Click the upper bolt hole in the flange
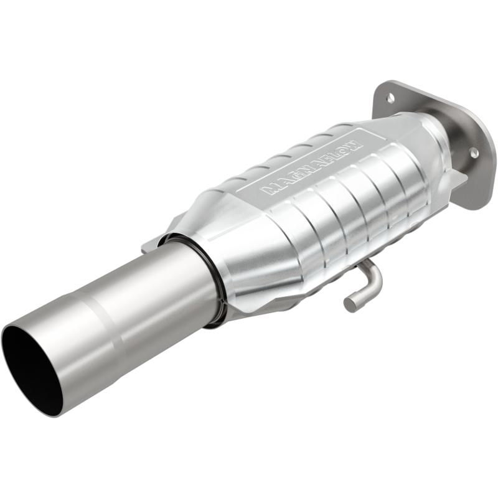coord(390,98)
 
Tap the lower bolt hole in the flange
coord(473,152)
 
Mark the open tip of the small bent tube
coord(350,304)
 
